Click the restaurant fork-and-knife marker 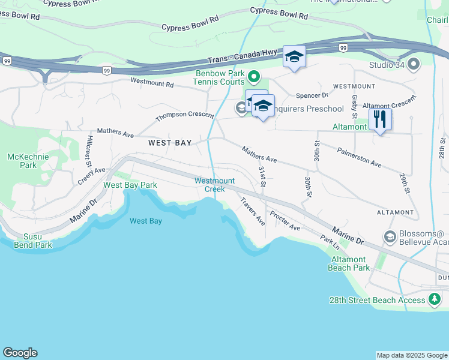click(380, 119)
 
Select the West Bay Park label click(130, 185)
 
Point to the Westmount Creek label click(214, 185)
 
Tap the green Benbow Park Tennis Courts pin click(254, 77)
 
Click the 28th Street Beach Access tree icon click(435, 299)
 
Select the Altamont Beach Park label click(349, 263)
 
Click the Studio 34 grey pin click(414, 64)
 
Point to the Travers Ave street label click(253, 211)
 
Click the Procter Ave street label click(285, 221)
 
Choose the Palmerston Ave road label click(359, 157)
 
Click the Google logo click(20, 353)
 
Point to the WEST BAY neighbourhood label click(170, 143)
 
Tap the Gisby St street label click(355, 106)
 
